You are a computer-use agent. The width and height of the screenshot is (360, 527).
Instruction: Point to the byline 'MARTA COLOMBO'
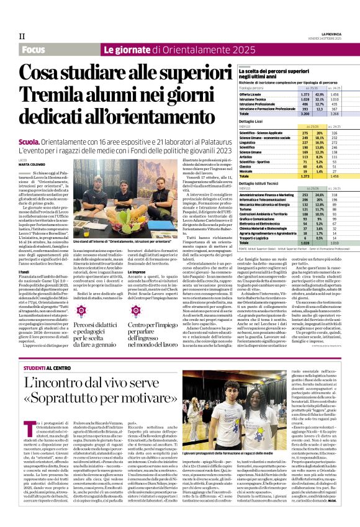coord(34,164)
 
